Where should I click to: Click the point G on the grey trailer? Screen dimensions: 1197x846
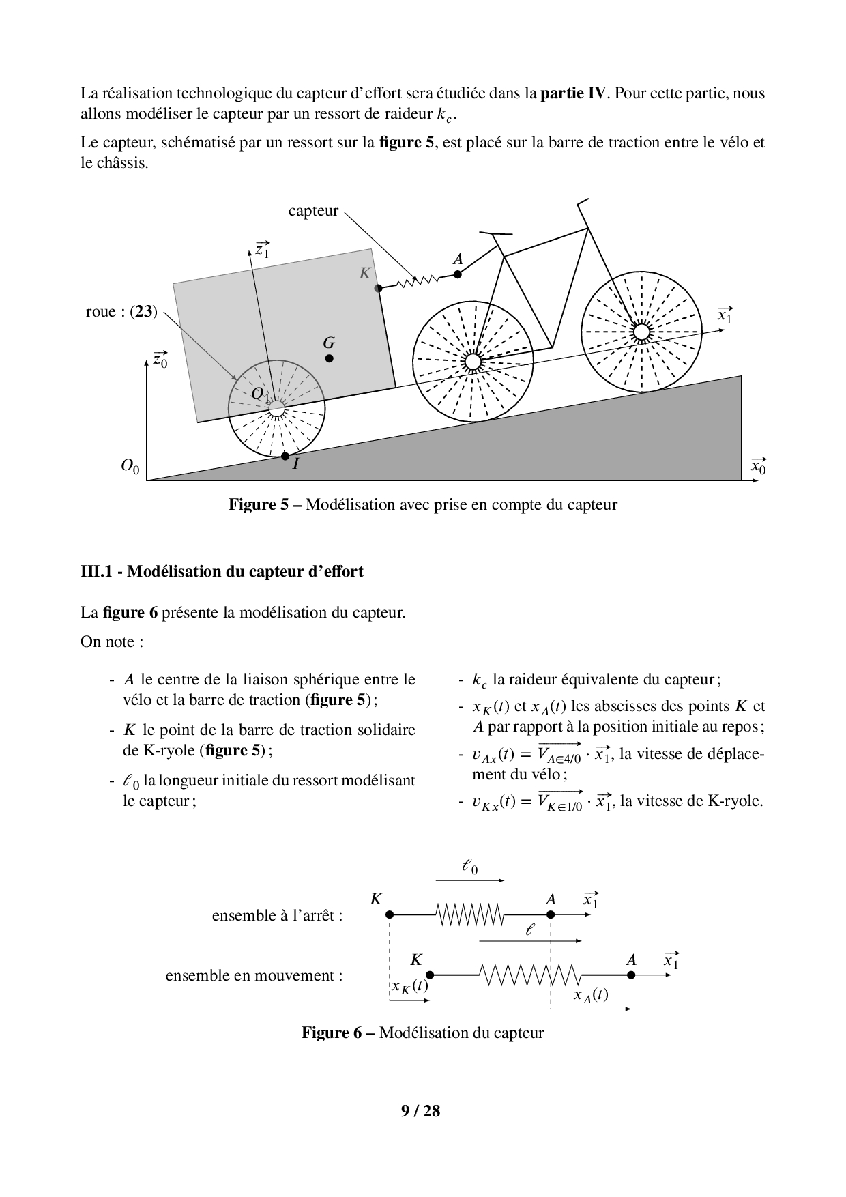330,358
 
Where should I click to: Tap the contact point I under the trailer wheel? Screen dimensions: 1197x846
285,456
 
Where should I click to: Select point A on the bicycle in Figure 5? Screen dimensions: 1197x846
458,274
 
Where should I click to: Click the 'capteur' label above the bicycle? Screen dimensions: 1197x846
313,211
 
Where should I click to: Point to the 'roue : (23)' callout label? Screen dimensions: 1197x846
121,312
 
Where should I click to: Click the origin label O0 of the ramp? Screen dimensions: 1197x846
130,467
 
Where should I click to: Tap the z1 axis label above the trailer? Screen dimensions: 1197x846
262,250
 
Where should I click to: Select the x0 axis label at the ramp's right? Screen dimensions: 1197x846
758,467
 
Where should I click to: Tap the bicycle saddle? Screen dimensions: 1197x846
501,233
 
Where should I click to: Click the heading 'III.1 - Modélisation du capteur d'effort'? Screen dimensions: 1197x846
222,571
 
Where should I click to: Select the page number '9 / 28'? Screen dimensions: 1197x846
421,1111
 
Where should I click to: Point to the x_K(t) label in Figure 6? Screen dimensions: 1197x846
409,986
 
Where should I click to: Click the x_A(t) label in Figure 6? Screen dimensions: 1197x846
591,995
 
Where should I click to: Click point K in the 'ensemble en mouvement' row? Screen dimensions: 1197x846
429,975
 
